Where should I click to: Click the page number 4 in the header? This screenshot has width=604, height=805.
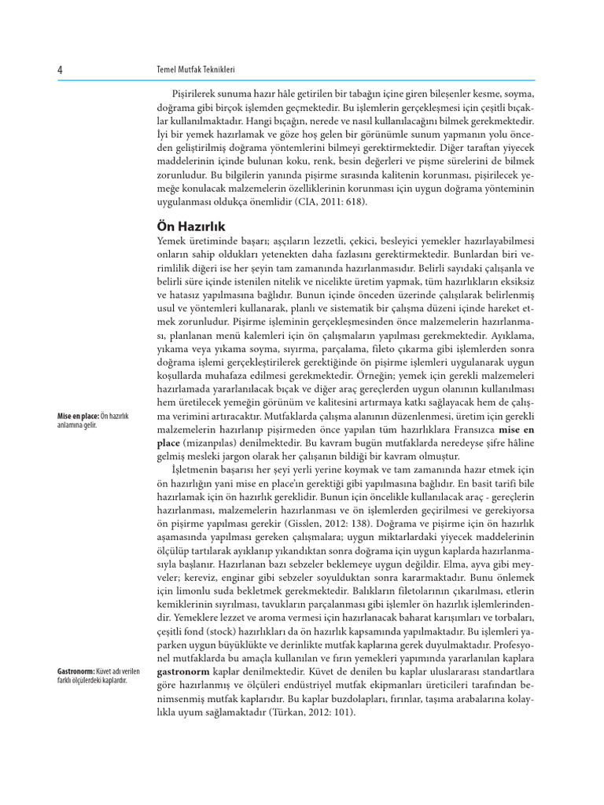pyautogui.click(x=61, y=70)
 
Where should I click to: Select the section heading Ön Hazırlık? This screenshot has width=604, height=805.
pyautogui.click(x=191, y=226)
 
